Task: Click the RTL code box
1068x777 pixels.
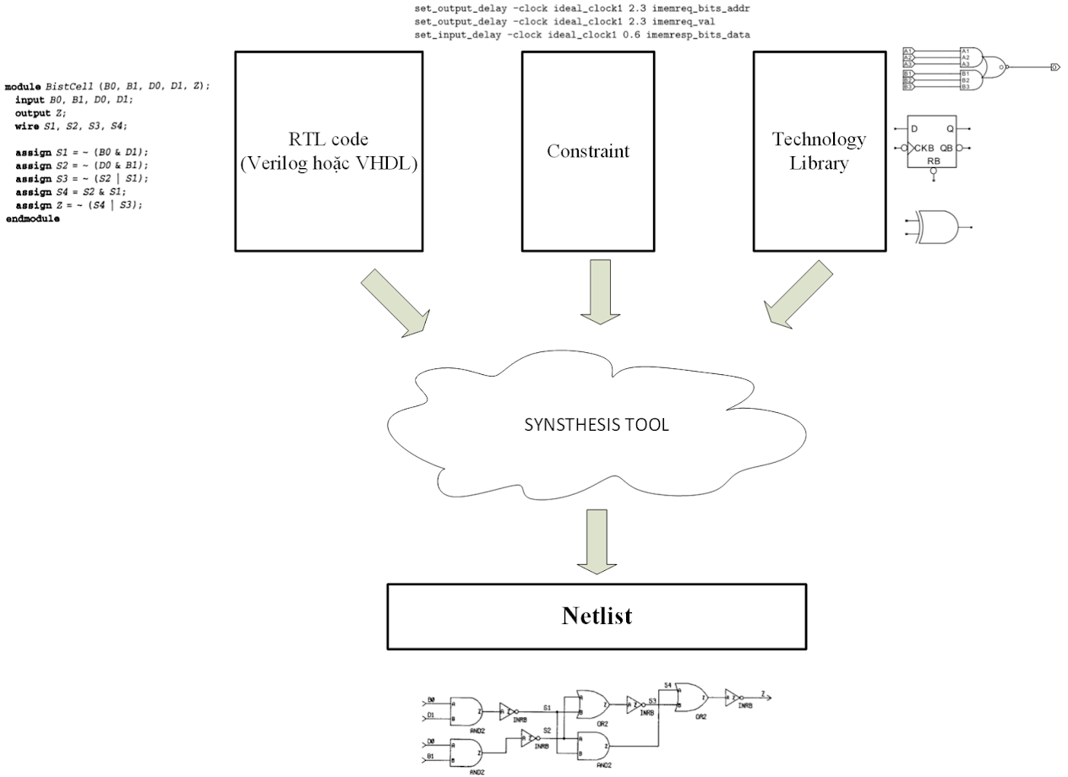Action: (x=329, y=151)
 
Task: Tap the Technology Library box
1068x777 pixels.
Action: (x=818, y=151)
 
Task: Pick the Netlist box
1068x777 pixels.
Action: (x=597, y=616)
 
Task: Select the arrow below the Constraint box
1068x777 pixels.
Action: (x=599, y=291)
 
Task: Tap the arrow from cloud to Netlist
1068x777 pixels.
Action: (x=597, y=541)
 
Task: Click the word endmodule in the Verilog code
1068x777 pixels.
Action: (x=33, y=219)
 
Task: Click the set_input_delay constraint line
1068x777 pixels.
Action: (x=582, y=35)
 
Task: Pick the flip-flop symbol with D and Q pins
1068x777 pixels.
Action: (x=932, y=142)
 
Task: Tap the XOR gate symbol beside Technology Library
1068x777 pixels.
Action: (x=940, y=227)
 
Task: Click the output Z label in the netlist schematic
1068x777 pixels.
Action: (x=764, y=693)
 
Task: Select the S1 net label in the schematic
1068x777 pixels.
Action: (x=547, y=706)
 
